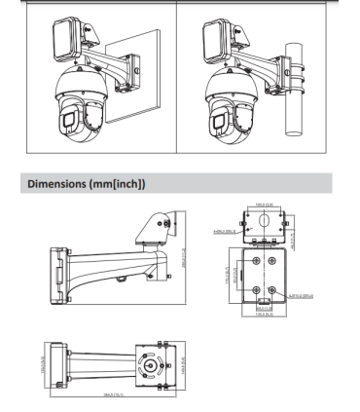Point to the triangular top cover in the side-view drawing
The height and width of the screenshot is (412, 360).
coord(155,227)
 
